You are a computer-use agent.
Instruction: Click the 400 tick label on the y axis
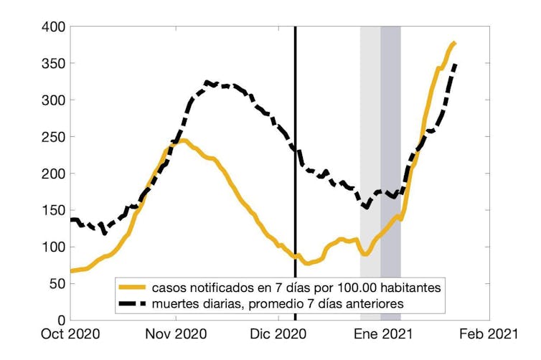pyautogui.click(x=53, y=27)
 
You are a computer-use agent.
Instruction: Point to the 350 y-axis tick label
pyautogui.click(x=53, y=64)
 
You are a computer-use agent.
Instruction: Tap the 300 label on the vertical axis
pyautogui.click(x=53, y=100)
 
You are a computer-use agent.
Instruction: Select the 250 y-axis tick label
pyautogui.click(x=53, y=137)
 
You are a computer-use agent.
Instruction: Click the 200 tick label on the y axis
pyautogui.click(x=53, y=174)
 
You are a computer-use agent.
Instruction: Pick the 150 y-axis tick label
pyautogui.click(x=53, y=210)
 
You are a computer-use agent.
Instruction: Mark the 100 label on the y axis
pyautogui.click(x=53, y=247)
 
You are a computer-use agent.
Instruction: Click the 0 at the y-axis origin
pyautogui.click(x=61, y=320)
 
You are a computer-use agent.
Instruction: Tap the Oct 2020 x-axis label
pyautogui.click(x=70, y=334)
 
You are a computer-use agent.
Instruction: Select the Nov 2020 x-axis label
pyautogui.click(x=176, y=334)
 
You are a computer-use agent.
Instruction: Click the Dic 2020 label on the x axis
pyautogui.click(x=278, y=334)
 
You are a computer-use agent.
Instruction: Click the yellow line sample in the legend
pyautogui.click(x=134, y=287)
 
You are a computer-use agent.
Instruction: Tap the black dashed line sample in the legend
pyautogui.click(x=134, y=303)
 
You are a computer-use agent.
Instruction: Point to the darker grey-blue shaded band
pyautogui.click(x=390, y=143)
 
